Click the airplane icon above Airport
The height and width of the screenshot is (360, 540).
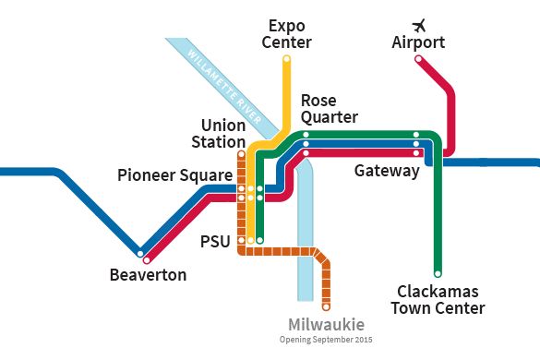pyautogui.click(x=419, y=23)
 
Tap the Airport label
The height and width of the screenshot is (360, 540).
pyautogui.click(x=418, y=42)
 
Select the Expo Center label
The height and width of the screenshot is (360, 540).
pyautogui.click(x=287, y=33)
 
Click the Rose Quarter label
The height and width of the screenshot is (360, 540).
pyautogui.click(x=329, y=108)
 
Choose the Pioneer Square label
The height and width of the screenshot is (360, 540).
pyautogui.click(x=174, y=174)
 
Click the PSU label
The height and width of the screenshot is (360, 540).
pyautogui.click(x=216, y=242)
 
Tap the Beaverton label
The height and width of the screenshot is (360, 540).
pyautogui.click(x=148, y=274)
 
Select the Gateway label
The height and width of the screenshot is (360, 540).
pyautogui.click(x=387, y=171)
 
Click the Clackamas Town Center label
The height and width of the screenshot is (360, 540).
pyautogui.click(x=438, y=299)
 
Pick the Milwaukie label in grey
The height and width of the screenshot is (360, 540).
pyautogui.click(x=326, y=325)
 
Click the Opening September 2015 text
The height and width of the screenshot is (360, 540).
pyautogui.click(x=326, y=341)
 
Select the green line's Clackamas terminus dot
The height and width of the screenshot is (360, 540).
pyautogui.click(x=438, y=273)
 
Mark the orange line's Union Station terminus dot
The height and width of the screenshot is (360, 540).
pyautogui.click(x=241, y=154)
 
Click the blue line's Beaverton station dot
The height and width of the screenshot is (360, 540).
pyautogui.click(x=140, y=252)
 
